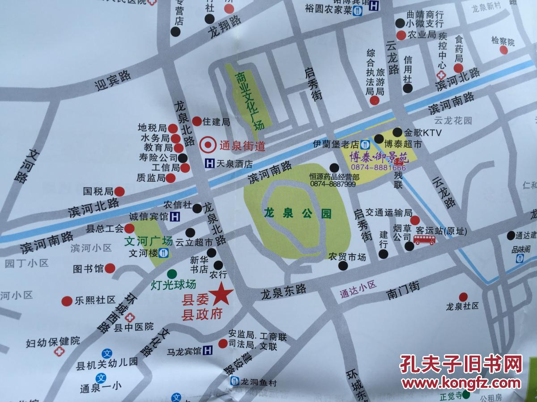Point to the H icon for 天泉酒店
[209, 164]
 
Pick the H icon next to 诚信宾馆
[176, 217]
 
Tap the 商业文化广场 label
[249, 100]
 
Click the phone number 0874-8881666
[379, 167]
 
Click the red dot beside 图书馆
[110, 268]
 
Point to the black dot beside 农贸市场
[343, 266]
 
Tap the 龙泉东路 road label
[284, 292]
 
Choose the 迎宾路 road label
[113, 80]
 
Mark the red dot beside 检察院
[504, 50]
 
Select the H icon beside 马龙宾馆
[208, 351]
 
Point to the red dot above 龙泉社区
[463, 296]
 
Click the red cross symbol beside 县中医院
[130, 318]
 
